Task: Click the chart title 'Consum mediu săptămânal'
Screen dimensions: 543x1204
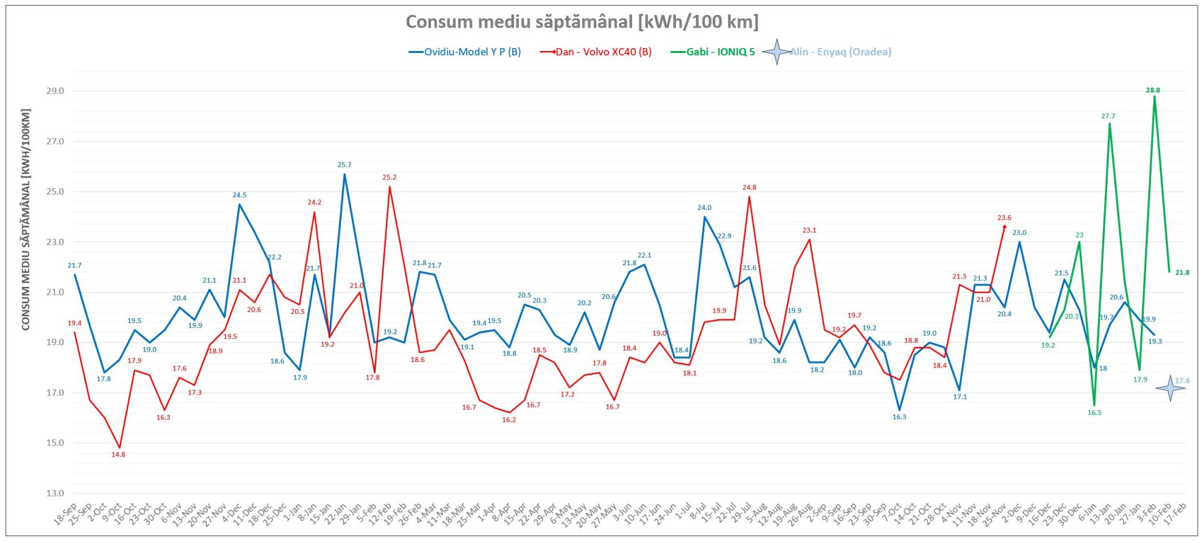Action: click(582, 22)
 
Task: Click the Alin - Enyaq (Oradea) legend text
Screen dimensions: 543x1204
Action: click(840, 52)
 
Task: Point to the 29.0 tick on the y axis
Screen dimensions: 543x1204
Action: click(55, 91)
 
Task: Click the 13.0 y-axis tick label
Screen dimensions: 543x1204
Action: click(55, 493)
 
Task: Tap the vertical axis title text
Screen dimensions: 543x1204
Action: click(26, 219)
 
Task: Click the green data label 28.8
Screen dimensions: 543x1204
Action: click(1153, 90)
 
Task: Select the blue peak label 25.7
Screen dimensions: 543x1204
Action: click(344, 165)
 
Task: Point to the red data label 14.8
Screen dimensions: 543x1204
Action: click(119, 455)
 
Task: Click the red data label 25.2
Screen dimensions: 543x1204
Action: click(389, 177)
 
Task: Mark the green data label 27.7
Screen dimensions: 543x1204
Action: click(1108, 116)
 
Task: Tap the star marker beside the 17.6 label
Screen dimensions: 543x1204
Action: click(1170, 388)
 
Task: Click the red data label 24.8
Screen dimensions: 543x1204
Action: click(749, 188)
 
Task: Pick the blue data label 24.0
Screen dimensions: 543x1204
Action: click(704, 208)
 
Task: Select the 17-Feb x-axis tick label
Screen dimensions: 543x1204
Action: click(1176, 515)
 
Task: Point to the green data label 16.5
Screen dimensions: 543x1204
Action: click(1094, 413)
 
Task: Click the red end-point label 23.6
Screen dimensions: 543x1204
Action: click(1004, 218)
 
